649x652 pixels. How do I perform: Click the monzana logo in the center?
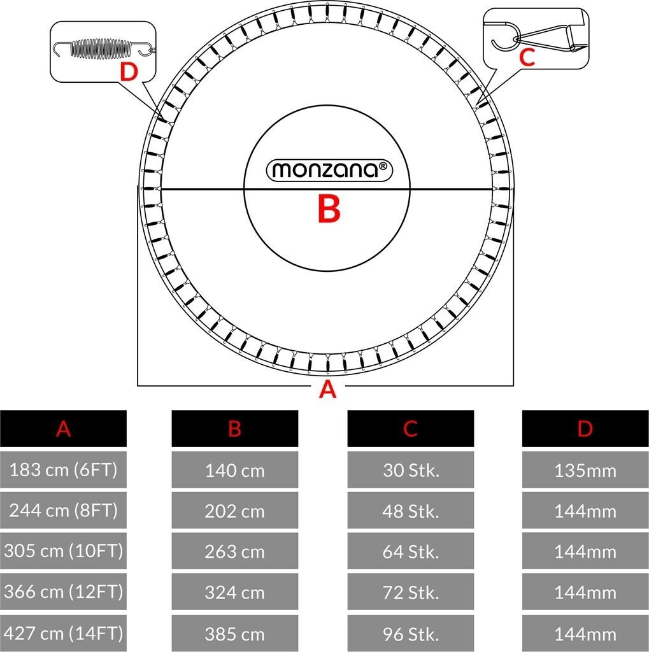(329, 169)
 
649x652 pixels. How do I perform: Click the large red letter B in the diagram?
(329, 209)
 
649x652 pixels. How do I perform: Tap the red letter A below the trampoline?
(327, 389)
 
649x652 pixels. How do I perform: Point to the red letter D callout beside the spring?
(129, 73)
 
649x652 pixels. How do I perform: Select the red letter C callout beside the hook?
(526, 57)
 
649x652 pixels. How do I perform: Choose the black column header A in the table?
(63, 429)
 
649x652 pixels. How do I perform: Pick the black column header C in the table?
(410, 429)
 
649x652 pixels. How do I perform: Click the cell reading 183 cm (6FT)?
(63, 471)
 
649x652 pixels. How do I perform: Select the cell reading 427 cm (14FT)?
(63, 634)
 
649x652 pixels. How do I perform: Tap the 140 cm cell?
(234, 471)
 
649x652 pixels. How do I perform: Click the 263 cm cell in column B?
(234, 551)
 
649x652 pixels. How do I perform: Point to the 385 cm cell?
(234, 634)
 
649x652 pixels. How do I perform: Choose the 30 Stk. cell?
(410, 471)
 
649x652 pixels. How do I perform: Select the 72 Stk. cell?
(410, 592)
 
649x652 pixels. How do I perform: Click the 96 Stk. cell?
(410, 634)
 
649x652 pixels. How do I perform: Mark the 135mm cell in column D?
(585, 471)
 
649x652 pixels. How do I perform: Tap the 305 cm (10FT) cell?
(63, 551)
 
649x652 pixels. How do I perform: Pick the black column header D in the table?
(585, 429)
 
